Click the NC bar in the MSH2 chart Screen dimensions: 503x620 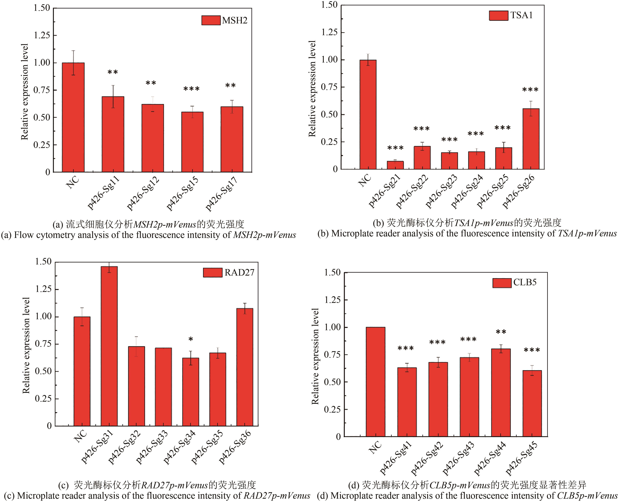pos(73,117)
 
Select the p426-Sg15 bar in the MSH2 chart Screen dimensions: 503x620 pos(192,142)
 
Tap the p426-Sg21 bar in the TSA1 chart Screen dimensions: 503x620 pos(395,165)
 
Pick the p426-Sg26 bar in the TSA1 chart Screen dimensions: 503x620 pos(531,139)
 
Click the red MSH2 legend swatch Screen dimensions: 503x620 pos(211,20)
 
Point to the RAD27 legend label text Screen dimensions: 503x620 pos(239,273)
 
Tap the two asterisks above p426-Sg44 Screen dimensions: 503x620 pos(501,332)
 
